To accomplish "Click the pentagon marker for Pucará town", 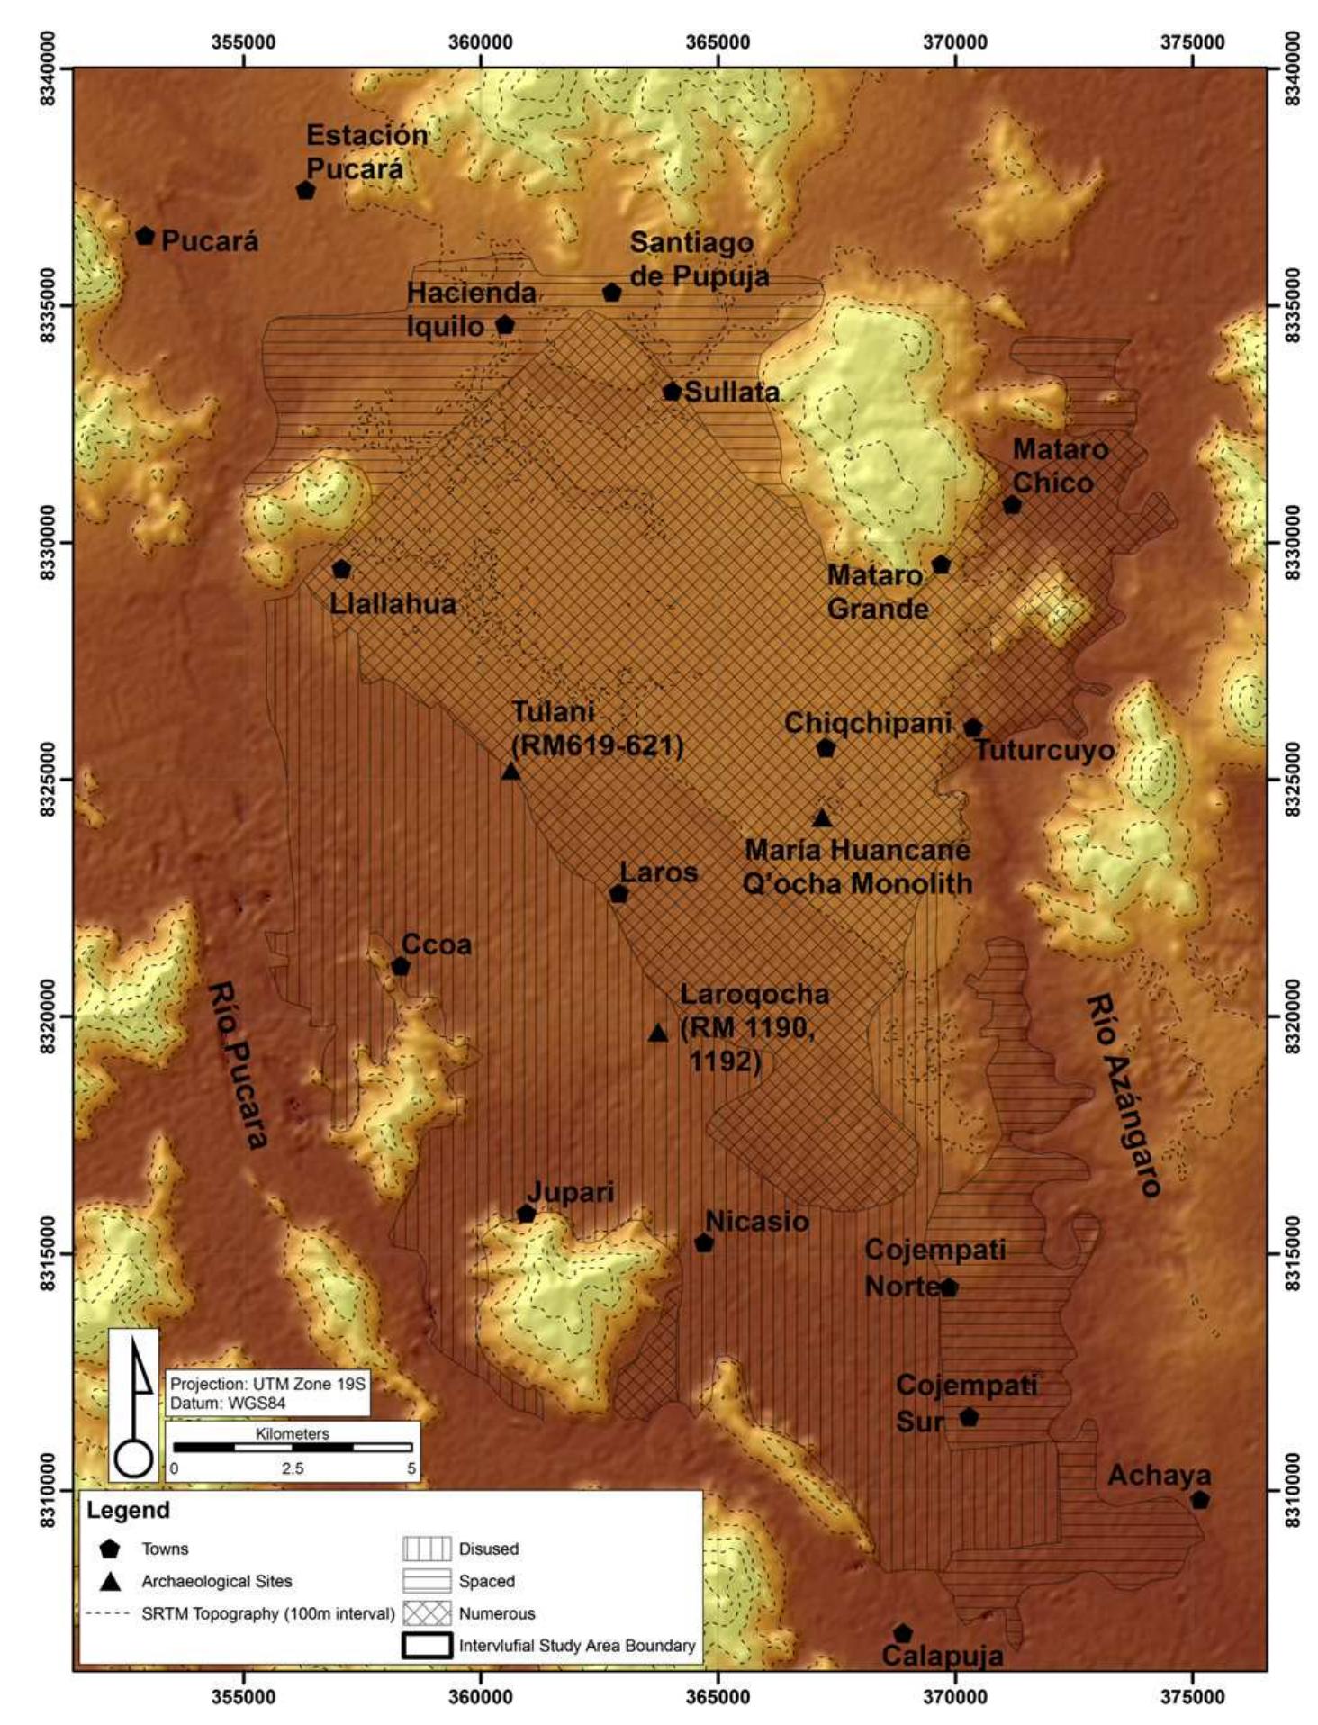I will point(145,236).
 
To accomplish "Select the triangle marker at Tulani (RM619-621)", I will point(510,772).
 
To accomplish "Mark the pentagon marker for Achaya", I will point(1199,1500).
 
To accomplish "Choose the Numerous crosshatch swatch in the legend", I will point(427,1612).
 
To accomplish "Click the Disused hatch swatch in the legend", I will point(427,1549).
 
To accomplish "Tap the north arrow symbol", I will point(135,1404).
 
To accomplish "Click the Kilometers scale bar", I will point(293,1448).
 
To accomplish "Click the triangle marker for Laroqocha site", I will point(658,1033).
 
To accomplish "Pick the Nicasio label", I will point(756,1222).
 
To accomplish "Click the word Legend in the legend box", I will point(128,1510).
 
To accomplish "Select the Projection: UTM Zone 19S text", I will point(267,1384).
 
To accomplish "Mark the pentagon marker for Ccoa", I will point(401,967).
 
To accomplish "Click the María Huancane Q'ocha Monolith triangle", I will point(822,818).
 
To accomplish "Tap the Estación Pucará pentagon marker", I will point(305,191).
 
